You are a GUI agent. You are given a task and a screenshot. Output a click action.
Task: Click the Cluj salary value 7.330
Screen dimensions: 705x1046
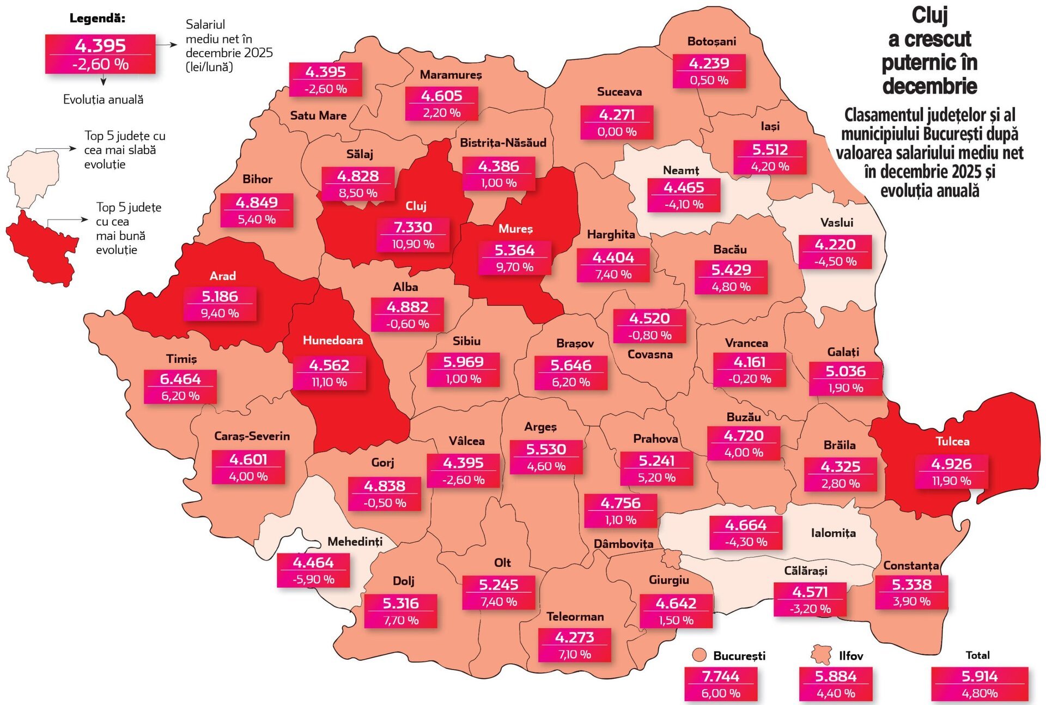click(x=413, y=227)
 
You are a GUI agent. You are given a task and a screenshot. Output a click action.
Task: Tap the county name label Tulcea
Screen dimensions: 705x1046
click(x=952, y=441)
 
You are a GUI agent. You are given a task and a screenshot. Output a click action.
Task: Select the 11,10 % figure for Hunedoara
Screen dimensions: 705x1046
click(x=329, y=382)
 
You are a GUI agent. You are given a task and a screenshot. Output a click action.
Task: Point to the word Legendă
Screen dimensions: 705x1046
click(x=97, y=18)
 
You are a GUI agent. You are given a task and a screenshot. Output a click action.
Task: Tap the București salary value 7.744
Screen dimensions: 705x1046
click(x=720, y=676)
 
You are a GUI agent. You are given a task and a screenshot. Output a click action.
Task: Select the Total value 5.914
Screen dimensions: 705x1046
click(x=980, y=676)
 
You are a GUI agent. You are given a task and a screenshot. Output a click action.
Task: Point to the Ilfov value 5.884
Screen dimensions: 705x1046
click(x=836, y=676)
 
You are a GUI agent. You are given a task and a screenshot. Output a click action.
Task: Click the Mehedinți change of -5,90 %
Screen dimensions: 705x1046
click(x=313, y=579)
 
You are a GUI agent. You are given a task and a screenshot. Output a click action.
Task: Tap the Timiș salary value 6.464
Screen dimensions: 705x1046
click(x=180, y=379)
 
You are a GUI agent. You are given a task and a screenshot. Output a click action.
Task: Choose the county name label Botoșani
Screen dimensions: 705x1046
click(x=711, y=41)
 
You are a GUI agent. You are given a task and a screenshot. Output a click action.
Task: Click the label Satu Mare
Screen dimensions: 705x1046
click(x=318, y=116)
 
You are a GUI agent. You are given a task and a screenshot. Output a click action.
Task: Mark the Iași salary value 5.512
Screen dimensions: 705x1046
click(x=770, y=149)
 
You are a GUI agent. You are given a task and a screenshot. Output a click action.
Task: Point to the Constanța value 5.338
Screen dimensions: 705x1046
click(x=911, y=585)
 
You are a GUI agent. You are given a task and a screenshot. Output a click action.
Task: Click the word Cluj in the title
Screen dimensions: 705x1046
click(x=929, y=15)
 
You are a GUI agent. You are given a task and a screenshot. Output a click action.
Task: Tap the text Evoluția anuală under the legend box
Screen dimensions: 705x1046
click(x=103, y=99)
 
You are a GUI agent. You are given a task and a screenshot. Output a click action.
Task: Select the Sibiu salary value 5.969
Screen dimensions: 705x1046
click(x=463, y=362)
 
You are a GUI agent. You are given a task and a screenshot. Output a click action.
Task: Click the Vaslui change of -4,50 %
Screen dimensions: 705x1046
click(x=835, y=262)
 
